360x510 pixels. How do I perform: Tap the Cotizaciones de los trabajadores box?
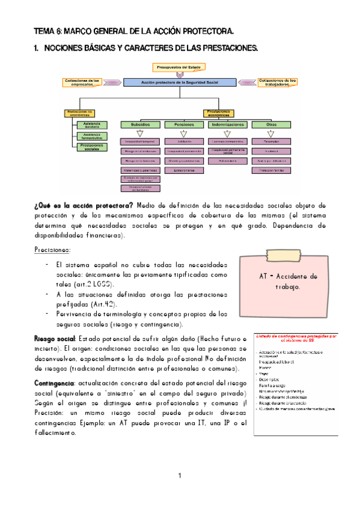click(278, 82)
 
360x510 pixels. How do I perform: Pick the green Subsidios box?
click(139, 124)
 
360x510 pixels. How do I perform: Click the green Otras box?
click(272, 124)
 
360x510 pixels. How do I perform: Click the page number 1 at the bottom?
click(179, 476)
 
